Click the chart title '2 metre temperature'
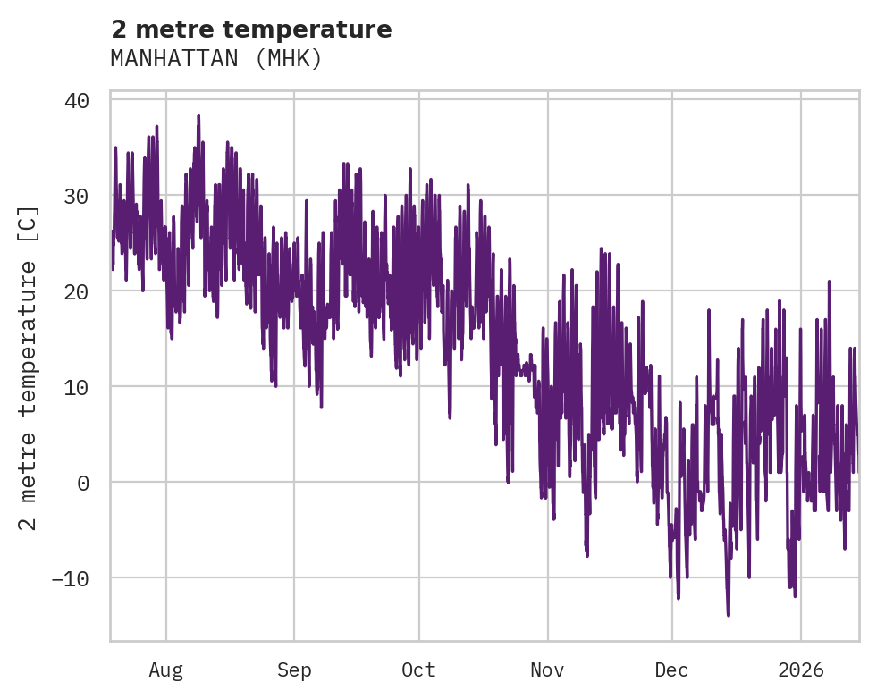[x=251, y=29]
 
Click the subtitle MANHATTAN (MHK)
[x=215, y=59]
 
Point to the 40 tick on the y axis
[x=77, y=100]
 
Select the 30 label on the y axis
[x=77, y=196]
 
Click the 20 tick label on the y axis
[x=77, y=291]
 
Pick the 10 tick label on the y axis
[x=77, y=387]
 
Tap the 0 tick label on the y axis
[x=83, y=483]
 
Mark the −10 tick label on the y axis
[x=71, y=578]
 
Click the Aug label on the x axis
[x=165, y=670]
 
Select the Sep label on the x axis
[x=293, y=670]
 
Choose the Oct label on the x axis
[x=418, y=670]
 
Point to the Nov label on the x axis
[x=547, y=670]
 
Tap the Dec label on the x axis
[x=671, y=670]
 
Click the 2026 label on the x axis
[x=801, y=670]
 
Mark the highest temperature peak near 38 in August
[x=198, y=116]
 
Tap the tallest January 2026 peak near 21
[x=830, y=282]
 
